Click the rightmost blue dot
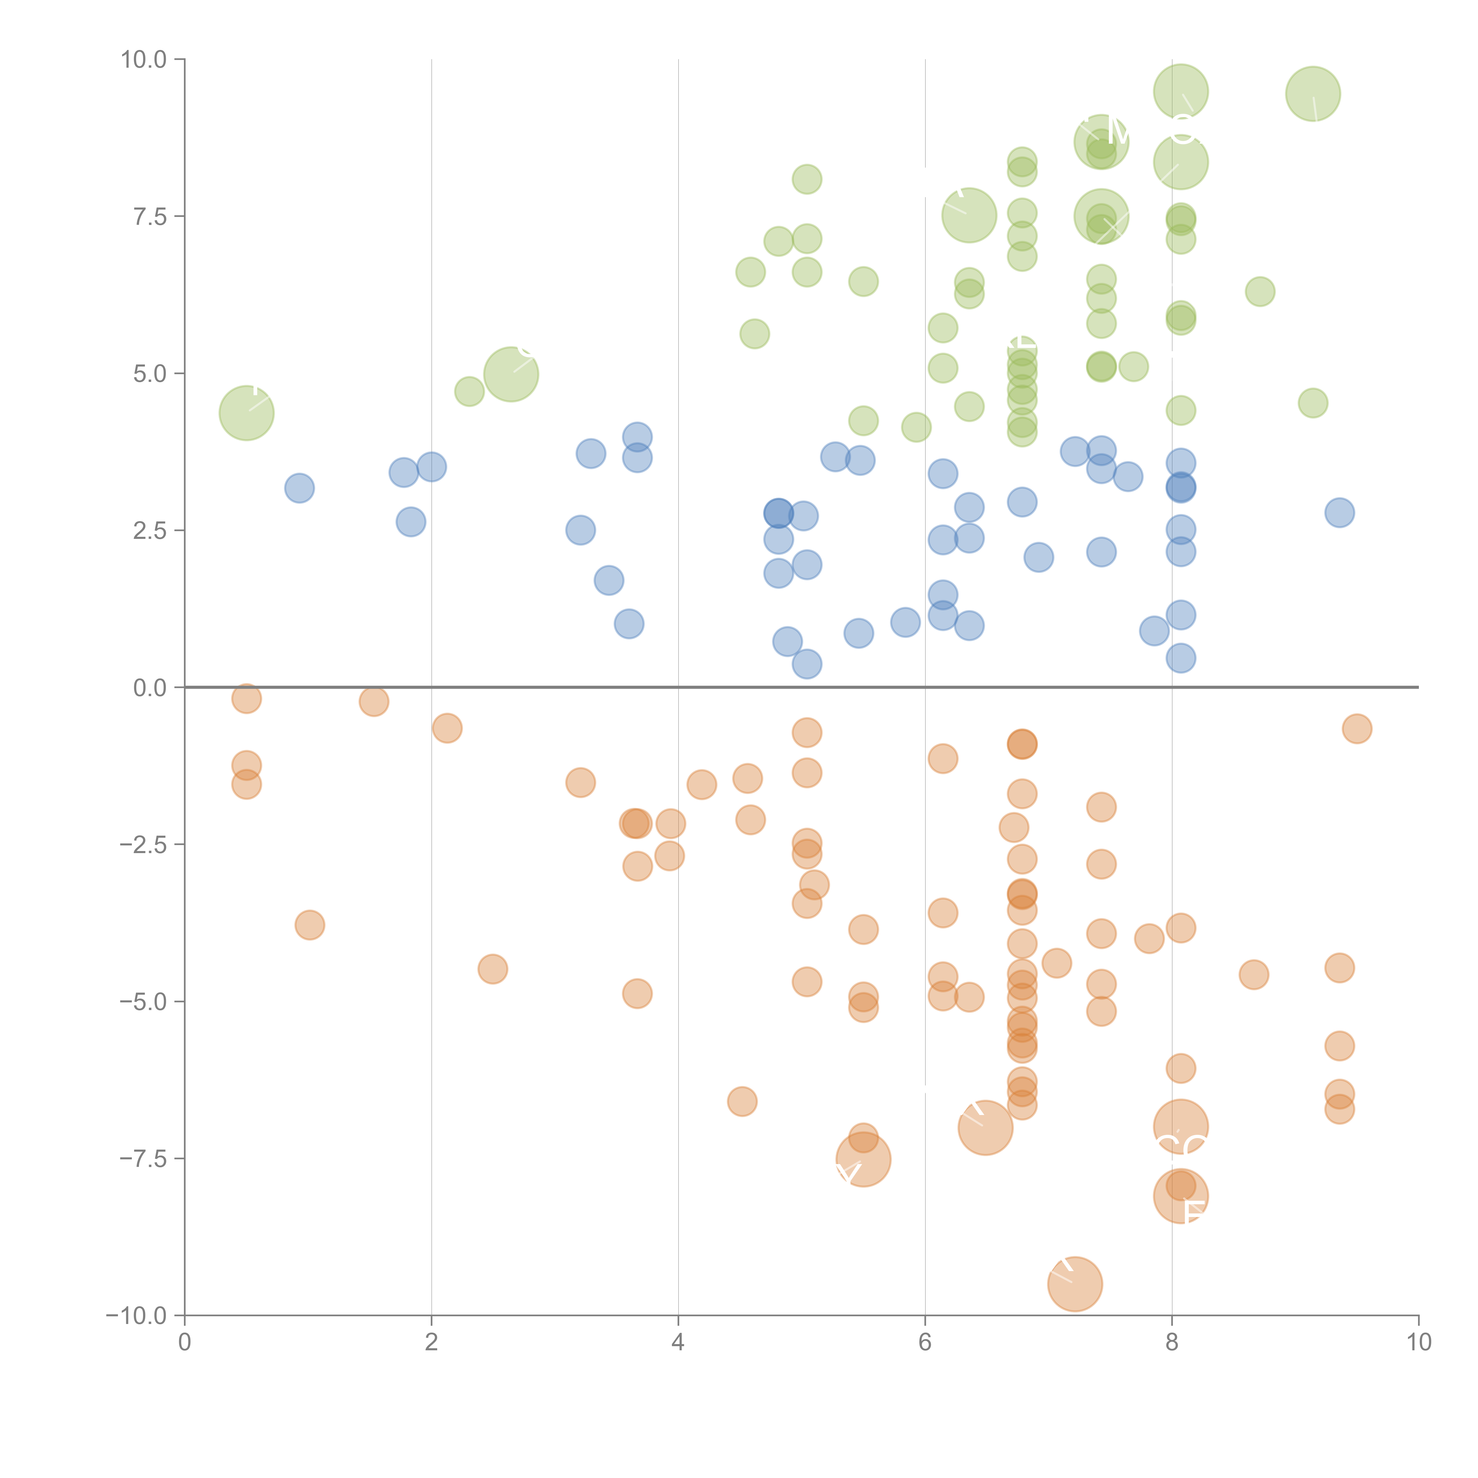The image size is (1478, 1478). tap(1340, 513)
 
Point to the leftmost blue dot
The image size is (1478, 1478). tap(299, 488)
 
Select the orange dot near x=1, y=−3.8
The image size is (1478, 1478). tap(310, 925)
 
